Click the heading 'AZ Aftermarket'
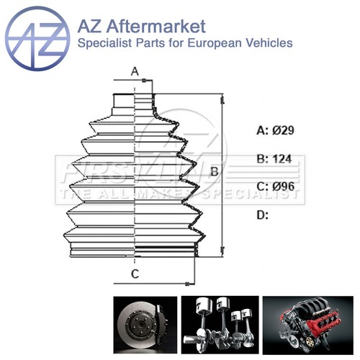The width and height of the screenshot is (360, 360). coord(140,27)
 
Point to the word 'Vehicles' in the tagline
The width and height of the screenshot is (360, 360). coord(268,43)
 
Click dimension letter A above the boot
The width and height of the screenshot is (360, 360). coord(134,71)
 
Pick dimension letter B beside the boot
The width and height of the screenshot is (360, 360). coord(214,171)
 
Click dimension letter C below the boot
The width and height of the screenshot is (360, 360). coord(134,273)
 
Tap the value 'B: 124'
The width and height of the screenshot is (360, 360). coord(276,159)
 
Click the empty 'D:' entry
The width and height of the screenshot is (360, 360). coord(263,215)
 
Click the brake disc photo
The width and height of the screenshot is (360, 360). coord(143,324)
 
